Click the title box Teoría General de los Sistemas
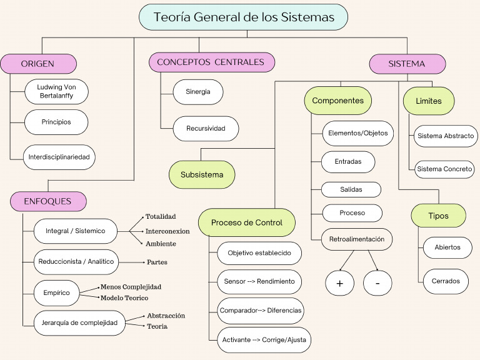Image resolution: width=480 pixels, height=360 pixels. [243, 17]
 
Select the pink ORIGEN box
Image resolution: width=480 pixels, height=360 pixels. [38, 64]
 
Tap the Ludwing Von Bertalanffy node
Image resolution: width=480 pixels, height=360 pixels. [56, 92]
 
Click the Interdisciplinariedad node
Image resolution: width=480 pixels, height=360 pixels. [60, 157]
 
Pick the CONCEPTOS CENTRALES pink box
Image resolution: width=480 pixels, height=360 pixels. [211, 62]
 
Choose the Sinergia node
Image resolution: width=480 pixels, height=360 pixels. [197, 92]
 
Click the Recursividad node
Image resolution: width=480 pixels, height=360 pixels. [206, 129]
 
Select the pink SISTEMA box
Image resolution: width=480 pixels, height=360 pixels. [407, 64]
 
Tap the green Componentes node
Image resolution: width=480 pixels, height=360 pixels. [337, 101]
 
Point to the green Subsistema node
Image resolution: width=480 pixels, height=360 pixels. [202, 174]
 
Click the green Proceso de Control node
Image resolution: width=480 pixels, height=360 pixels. [246, 222]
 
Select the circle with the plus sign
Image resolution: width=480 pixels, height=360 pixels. [340, 283]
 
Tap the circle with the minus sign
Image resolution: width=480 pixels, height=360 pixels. [377, 283]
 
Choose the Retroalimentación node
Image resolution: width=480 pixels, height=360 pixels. [357, 239]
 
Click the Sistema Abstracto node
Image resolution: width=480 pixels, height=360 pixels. [446, 136]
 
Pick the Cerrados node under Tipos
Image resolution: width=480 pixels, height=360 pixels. [446, 281]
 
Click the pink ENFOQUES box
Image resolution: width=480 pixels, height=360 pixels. [48, 201]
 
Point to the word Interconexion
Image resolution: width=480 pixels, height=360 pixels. [167, 231]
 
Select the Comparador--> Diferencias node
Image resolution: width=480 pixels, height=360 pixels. [261, 310]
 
